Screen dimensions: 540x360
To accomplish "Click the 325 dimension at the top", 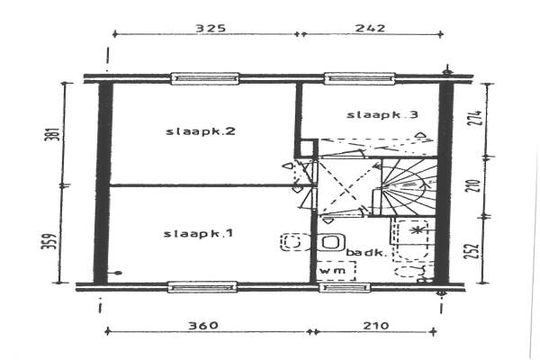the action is pos(211,28).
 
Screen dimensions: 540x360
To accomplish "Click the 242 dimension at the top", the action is pos(370,28).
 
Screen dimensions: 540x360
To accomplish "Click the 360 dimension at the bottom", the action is pos(203,326).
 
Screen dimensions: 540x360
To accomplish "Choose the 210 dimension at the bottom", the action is pos(376,326).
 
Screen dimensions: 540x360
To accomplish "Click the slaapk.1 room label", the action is pos(198,234).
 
